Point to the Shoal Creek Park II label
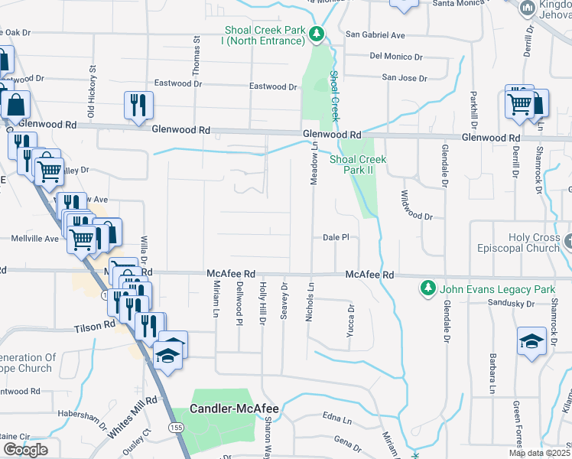click(358, 164)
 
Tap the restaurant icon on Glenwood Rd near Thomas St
click(138, 106)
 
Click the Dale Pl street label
click(336, 237)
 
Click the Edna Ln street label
click(336, 419)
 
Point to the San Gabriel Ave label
click(375, 35)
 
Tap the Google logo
click(25, 450)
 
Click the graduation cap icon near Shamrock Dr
click(531, 341)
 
